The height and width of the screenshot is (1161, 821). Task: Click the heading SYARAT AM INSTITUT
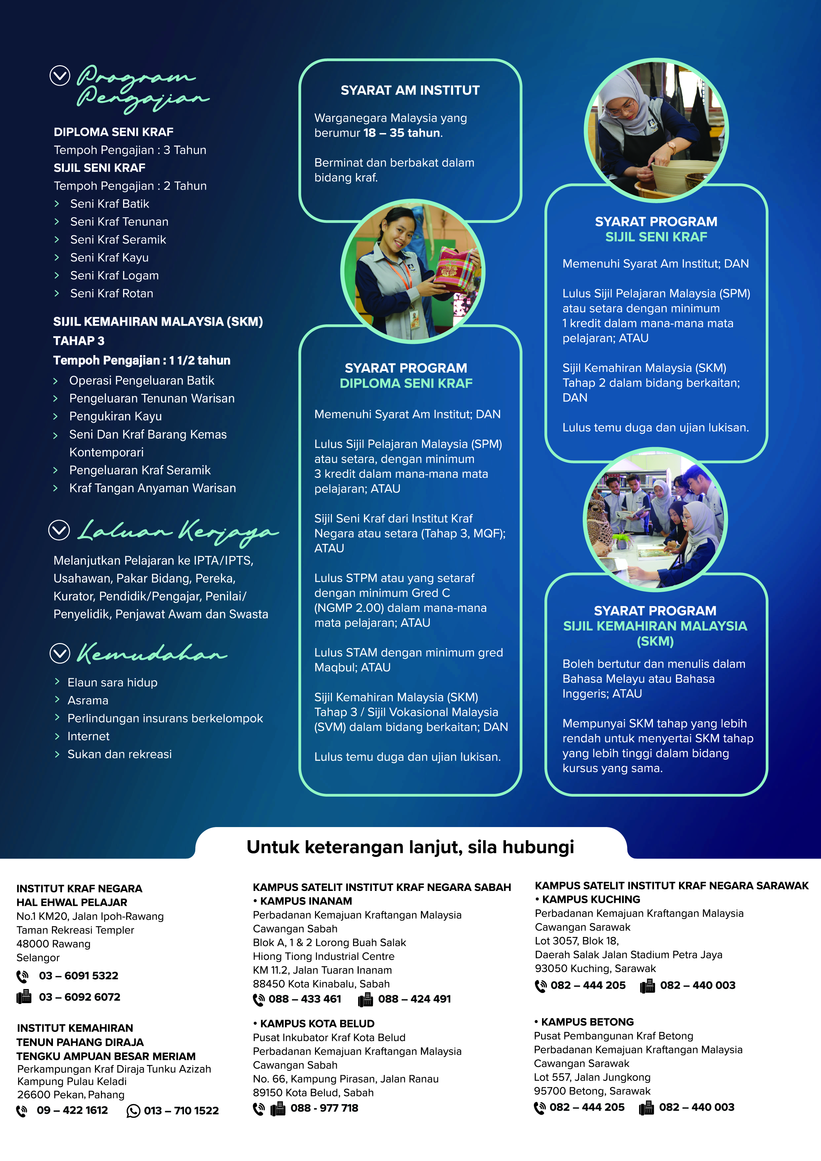point(410,90)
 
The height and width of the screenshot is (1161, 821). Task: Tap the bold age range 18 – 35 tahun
point(402,133)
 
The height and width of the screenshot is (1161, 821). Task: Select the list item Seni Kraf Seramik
point(118,240)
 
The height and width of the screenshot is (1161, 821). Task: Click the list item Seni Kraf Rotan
point(111,293)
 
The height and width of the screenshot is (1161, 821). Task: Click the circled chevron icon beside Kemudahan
point(60,653)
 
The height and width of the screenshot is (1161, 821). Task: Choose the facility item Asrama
point(88,700)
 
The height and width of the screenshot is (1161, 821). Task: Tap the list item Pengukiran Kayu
point(115,416)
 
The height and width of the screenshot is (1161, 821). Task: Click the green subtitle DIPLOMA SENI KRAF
point(406,383)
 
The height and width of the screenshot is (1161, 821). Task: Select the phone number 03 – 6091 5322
point(78,975)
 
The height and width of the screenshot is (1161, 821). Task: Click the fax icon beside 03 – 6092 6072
point(24,997)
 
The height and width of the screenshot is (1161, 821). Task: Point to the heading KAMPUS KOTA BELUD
point(317,1023)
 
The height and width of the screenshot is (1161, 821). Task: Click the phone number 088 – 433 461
point(304,999)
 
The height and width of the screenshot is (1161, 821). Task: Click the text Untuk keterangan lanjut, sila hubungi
point(410,847)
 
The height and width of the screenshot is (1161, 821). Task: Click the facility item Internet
point(88,736)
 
